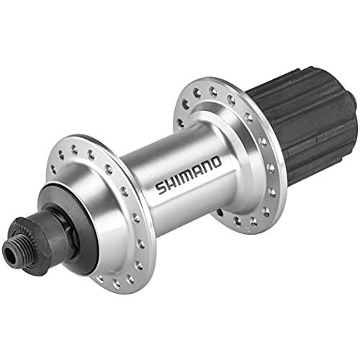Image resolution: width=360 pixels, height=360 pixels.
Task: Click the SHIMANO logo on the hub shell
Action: (189, 174)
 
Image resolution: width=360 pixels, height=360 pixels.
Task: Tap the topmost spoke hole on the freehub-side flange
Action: (199, 90)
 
